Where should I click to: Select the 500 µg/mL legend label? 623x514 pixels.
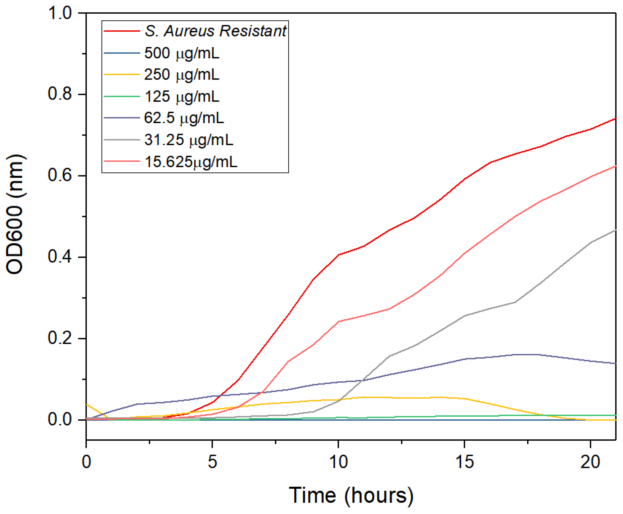pos(182,53)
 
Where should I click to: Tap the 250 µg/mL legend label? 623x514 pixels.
pos(182,75)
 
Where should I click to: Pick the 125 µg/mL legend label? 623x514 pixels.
pos(182,97)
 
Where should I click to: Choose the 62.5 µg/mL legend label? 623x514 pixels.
pos(184,118)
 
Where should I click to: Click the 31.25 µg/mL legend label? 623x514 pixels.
pos(189,140)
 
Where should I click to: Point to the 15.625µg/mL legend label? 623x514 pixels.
pos(191,162)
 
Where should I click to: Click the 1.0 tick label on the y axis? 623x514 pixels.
pos(60,13)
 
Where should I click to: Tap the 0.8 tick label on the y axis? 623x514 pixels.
pos(60,94)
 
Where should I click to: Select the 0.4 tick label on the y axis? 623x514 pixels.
pos(60,257)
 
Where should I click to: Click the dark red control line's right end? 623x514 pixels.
pos(615,118)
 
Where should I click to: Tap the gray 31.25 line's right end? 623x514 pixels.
pos(615,230)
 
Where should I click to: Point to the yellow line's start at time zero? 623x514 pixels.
pos(87,404)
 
